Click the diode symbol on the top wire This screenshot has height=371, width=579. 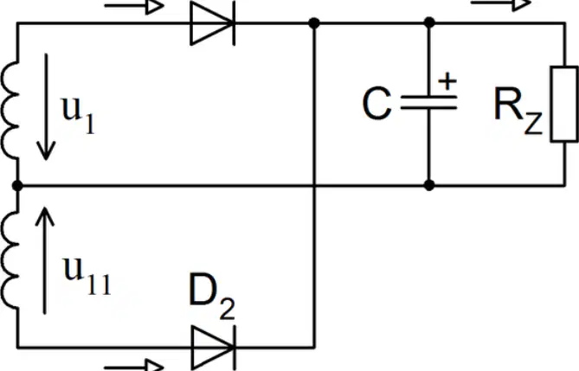213,23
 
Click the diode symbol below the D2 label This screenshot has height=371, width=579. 214,348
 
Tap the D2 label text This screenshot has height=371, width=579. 211,297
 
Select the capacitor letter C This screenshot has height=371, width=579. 376,104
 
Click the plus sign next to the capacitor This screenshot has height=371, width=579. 447,81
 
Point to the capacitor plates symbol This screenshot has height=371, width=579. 428,102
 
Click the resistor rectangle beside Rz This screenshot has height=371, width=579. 564,104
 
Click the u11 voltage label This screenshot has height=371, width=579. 87,275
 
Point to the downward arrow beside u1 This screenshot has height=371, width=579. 46,106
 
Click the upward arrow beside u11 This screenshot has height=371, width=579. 45,260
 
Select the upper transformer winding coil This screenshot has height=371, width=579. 10,111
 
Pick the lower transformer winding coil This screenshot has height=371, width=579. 10,259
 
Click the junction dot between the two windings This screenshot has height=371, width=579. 17,185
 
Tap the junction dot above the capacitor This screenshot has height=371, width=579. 429,22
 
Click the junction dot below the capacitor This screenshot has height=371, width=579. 429,185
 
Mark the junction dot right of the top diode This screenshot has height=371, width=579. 314,23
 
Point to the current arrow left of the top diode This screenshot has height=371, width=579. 134,6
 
